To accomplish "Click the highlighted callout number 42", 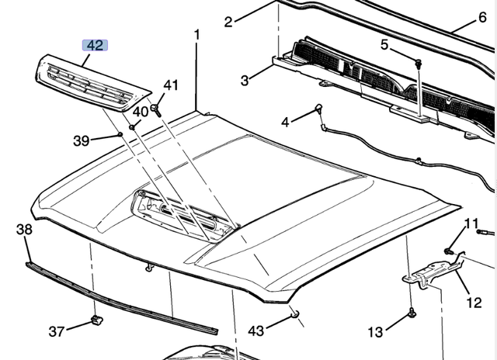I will pyautogui.click(x=95, y=46).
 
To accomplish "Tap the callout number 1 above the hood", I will pyautogui.click(x=196, y=35).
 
